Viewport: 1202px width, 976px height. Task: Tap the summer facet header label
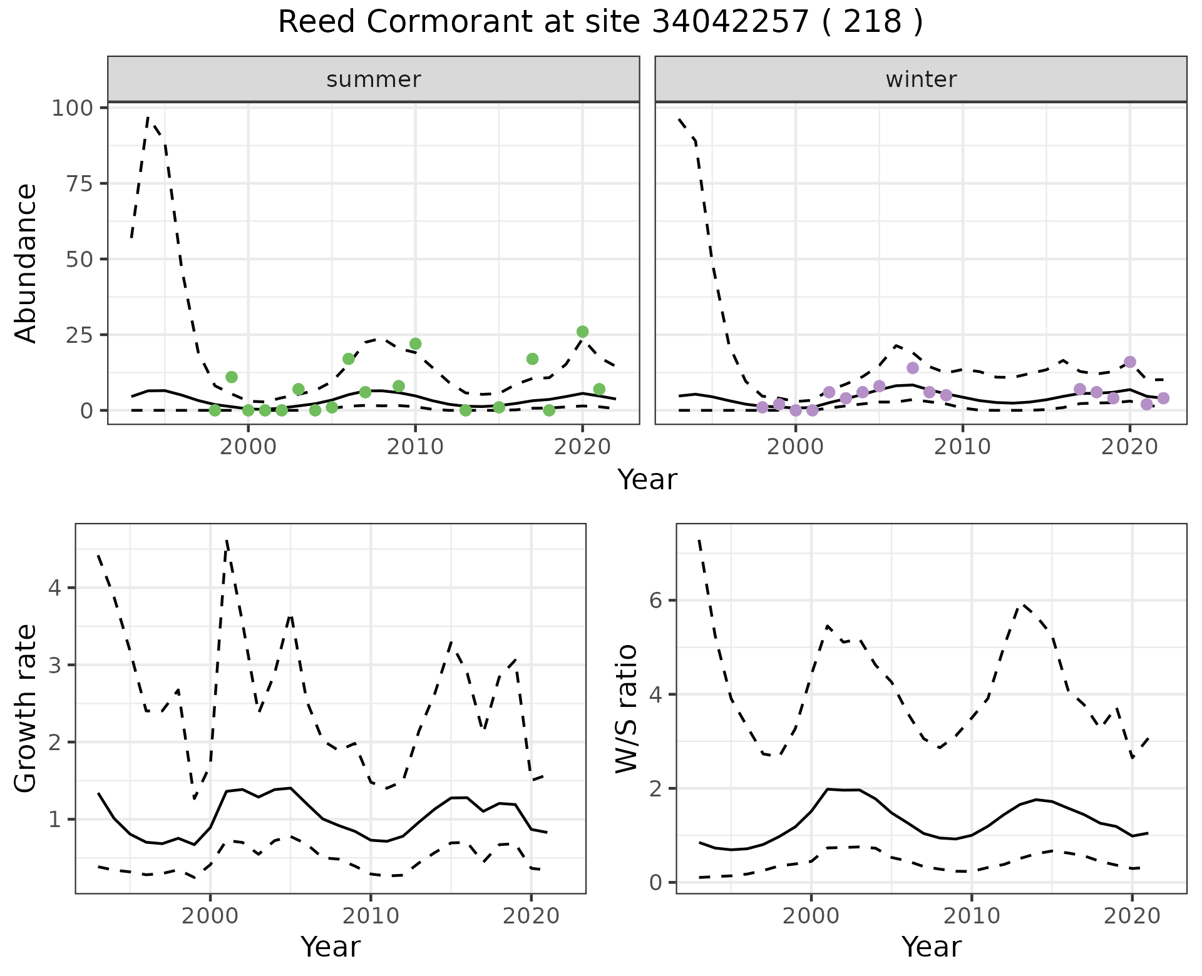pyautogui.click(x=374, y=79)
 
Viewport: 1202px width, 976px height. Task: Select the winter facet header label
pyautogui.click(x=921, y=79)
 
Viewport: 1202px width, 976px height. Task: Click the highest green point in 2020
pyautogui.click(x=582, y=332)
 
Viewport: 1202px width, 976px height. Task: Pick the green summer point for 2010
pyautogui.click(x=415, y=343)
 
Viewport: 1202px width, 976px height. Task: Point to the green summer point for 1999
pyautogui.click(x=232, y=377)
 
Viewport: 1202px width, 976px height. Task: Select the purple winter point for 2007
pyautogui.click(x=913, y=368)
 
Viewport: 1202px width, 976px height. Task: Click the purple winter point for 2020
pyautogui.click(x=1130, y=362)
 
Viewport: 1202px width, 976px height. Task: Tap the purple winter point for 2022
pyautogui.click(x=1163, y=398)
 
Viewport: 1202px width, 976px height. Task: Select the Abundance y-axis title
pyautogui.click(x=26, y=263)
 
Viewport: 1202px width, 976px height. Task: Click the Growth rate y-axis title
pyautogui.click(x=26, y=709)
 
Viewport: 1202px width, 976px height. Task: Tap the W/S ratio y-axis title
pyautogui.click(x=627, y=709)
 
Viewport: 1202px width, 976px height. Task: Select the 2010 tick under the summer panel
pyautogui.click(x=415, y=447)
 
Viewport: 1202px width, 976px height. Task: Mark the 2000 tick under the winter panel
pyautogui.click(x=796, y=447)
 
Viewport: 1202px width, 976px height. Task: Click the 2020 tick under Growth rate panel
pyautogui.click(x=531, y=916)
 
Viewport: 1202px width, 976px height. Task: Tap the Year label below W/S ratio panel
pyautogui.click(x=932, y=947)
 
